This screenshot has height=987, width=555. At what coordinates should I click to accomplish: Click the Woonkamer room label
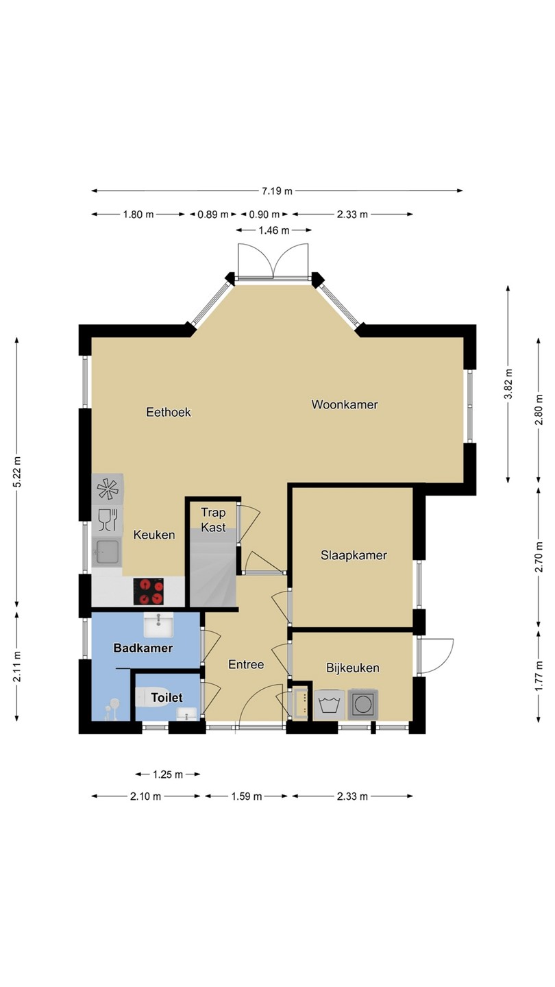point(345,404)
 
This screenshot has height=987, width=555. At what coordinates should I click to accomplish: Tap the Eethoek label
point(169,413)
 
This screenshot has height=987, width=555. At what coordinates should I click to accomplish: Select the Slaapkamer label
point(354,555)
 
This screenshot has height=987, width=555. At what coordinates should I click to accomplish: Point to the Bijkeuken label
point(353,668)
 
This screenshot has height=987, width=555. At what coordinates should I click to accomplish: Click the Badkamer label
point(143,648)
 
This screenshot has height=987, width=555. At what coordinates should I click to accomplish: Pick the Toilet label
point(167,698)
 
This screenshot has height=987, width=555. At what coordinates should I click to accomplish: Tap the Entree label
point(246,664)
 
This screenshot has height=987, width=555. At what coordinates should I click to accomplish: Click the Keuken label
point(154,535)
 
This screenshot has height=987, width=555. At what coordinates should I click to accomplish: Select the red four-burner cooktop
point(149,592)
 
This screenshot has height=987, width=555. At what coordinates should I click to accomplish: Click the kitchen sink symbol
point(106,552)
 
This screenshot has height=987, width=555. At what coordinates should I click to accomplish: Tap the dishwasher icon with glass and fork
point(108,520)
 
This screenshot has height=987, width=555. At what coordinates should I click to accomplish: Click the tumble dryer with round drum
point(363,705)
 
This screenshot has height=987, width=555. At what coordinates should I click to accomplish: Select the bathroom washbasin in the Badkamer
point(158,625)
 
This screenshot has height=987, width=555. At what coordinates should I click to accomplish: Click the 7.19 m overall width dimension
point(277,191)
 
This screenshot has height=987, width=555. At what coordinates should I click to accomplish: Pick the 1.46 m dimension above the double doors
point(274,230)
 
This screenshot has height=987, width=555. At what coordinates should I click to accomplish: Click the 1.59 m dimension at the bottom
point(246,796)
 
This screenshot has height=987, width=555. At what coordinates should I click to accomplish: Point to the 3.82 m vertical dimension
point(508,383)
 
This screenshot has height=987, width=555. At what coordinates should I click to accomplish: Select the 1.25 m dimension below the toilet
point(168,775)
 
